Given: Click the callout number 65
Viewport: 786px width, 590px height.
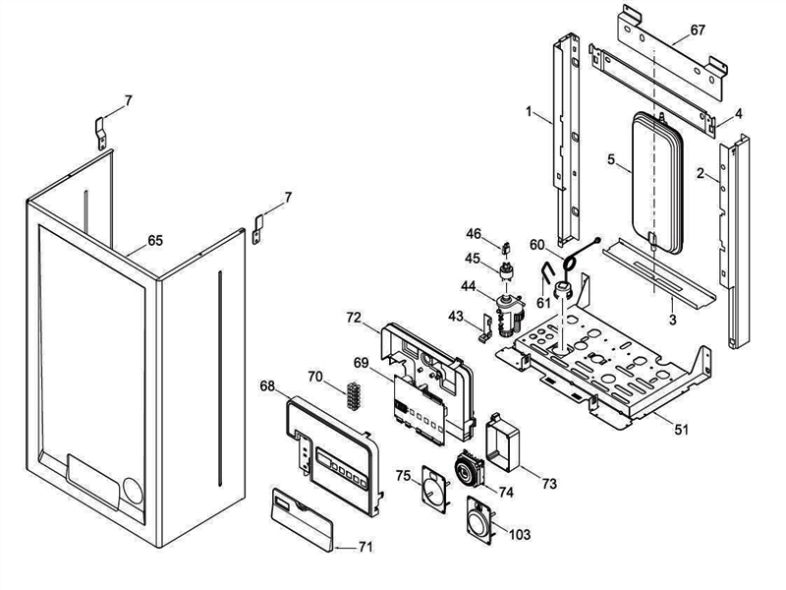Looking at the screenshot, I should pos(155,239).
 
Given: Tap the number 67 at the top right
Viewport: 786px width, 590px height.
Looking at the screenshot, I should pos(697,30).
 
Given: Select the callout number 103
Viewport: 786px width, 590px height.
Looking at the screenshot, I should pos(520,533).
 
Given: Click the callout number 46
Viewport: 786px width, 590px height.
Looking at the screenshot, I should pos(474,234).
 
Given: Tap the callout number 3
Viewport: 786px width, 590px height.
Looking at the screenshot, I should pos(671,320).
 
